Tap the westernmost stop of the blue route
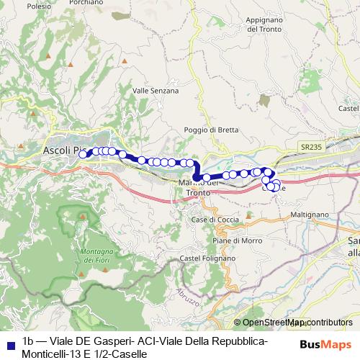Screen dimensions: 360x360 tap(84, 154)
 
